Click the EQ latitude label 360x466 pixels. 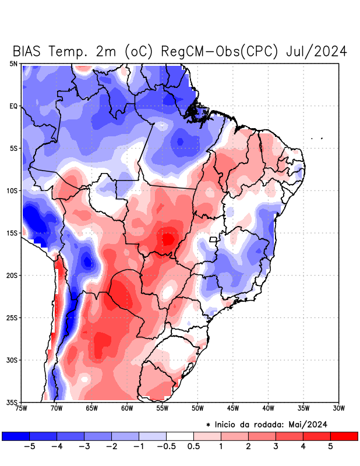point(13,106)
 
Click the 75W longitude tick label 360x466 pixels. point(22,408)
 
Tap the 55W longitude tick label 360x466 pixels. point(162,408)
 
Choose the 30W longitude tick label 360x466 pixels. point(338,408)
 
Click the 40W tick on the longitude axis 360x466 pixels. point(268,408)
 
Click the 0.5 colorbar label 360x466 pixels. point(193,447)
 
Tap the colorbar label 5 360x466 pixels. point(330,447)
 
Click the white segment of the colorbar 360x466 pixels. point(180,436)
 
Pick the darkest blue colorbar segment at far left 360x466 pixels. point(16,436)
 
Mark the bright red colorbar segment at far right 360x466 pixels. point(344,436)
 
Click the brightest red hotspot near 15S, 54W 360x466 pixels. point(168,239)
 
